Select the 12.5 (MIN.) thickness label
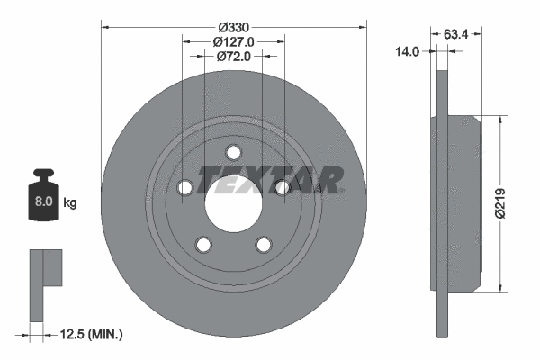coord(89,334)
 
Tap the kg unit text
coord(70,203)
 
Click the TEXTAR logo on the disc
coord(270,180)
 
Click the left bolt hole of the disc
coord(185,187)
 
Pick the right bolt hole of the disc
coord(282,187)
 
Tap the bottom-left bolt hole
coord(203,244)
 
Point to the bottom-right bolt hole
coord(263,244)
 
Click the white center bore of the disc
coord(233,202)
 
